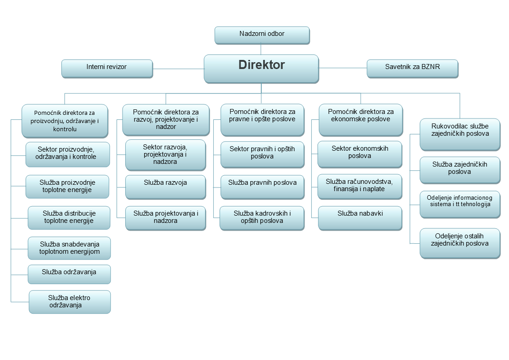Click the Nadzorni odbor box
pos(262,35)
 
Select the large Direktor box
pos(261,69)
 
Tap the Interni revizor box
pos(107,69)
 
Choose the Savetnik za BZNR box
pos(412,69)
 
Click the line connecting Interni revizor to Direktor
pos(179,69)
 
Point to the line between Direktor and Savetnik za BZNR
pos(343,68)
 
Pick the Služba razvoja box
pos(166,187)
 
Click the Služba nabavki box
pos(360,218)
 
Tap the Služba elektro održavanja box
pos(70,302)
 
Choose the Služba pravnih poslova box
pos(262,187)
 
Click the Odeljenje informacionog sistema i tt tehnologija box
pos(460,204)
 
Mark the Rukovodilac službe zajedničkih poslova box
pos(460,134)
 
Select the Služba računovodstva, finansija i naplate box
pos(360,187)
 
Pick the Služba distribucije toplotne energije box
pos(69,218)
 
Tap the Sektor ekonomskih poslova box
pos(360,154)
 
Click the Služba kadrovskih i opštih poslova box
pos(262,218)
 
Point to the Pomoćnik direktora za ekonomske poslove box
pos(361,120)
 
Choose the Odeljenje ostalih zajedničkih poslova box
pos(460,243)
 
